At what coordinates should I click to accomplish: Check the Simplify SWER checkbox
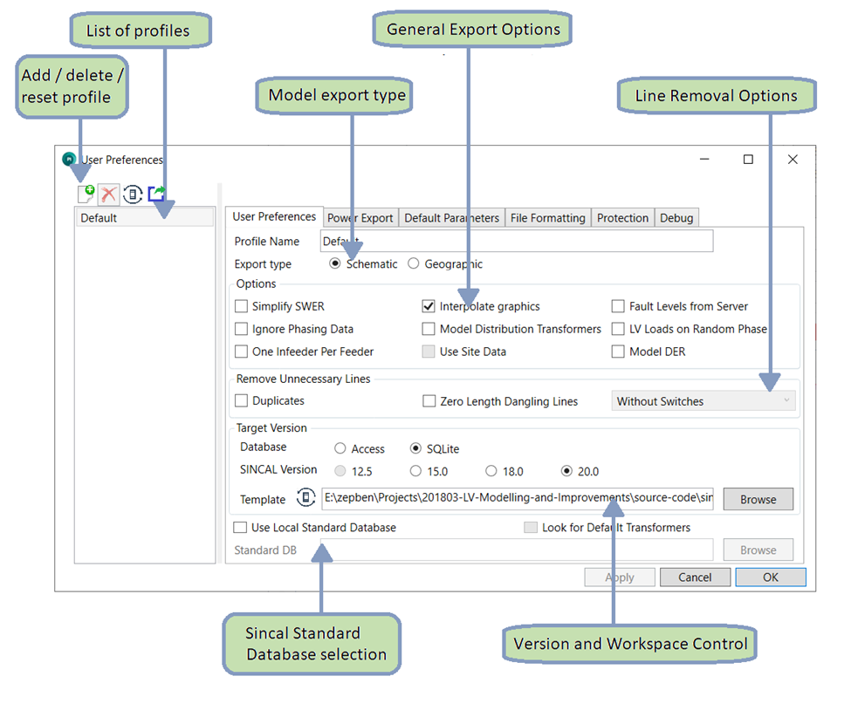[x=242, y=306]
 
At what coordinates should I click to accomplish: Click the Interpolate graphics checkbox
[x=429, y=306]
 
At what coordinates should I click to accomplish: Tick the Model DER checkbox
[x=618, y=352]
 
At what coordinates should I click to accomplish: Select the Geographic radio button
[x=414, y=263]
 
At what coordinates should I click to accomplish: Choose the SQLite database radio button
[x=416, y=448]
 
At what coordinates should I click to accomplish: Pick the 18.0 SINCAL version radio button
[x=491, y=471]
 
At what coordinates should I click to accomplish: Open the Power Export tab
[x=360, y=218]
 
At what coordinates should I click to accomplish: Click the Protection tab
[x=622, y=218]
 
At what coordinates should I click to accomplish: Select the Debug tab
[x=676, y=218]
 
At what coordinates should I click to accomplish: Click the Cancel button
[x=695, y=577]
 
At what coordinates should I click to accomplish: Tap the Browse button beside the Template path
[x=758, y=499]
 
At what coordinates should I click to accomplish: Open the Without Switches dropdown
[x=704, y=401]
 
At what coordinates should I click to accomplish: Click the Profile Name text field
[x=517, y=241]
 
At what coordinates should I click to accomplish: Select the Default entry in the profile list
[x=144, y=218]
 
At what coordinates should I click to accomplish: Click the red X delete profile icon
[x=108, y=194]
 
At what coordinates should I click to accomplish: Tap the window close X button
[x=793, y=160]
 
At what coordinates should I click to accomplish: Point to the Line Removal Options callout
[x=717, y=96]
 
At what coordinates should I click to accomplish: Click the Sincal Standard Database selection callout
[x=312, y=644]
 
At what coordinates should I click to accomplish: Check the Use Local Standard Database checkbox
[x=240, y=528]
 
